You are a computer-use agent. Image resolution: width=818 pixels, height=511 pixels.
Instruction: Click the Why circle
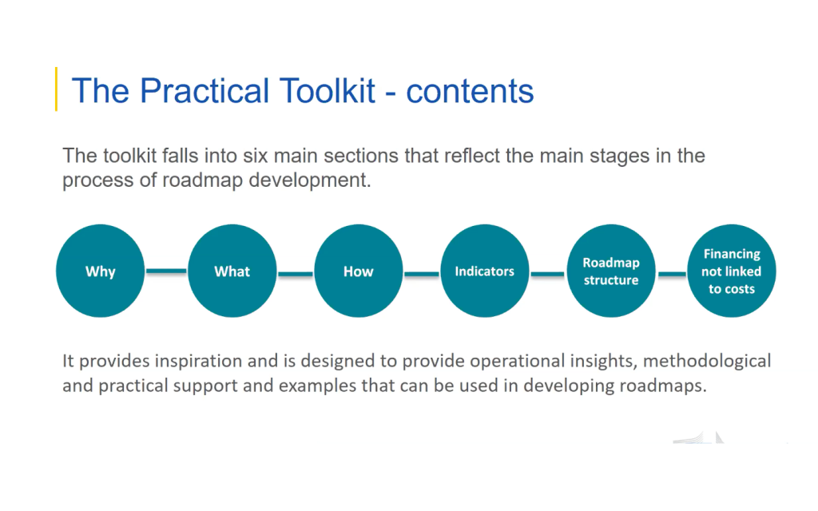pos(100,271)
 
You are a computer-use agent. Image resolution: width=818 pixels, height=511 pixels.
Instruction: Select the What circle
pos(232,271)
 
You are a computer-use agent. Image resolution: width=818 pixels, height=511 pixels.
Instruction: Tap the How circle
pos(359,271)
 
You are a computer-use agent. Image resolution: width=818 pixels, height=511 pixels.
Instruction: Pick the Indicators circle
pos(485,271)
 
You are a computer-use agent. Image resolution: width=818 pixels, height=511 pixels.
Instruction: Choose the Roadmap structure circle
pos(611,271)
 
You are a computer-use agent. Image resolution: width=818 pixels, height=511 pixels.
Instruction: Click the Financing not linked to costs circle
pos(732,271)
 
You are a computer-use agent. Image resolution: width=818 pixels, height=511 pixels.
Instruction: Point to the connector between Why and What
pos(166,271)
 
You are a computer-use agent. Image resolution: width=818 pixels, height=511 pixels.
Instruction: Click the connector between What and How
pos(296,273)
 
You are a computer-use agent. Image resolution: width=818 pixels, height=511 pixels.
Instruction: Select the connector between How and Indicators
pos(422,273)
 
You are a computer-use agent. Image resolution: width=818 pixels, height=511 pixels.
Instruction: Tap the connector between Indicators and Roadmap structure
pos(548,273)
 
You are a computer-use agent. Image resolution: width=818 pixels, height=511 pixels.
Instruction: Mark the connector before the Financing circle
pos(672,273)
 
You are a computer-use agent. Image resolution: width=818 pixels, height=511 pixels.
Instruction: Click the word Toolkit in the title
pos(327,91)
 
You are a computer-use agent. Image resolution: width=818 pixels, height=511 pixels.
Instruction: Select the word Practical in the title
pos(205,91)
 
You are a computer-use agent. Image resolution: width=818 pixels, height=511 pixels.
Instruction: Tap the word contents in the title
pos(470,92)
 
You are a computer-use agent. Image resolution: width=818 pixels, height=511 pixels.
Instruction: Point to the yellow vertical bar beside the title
pos(57,89)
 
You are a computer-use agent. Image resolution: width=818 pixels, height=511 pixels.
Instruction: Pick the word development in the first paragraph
pos(309,180)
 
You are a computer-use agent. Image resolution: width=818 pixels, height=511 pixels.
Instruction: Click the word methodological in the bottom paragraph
pos(710,361)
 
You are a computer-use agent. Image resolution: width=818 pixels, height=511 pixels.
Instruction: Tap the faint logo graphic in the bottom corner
pos(699,438)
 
